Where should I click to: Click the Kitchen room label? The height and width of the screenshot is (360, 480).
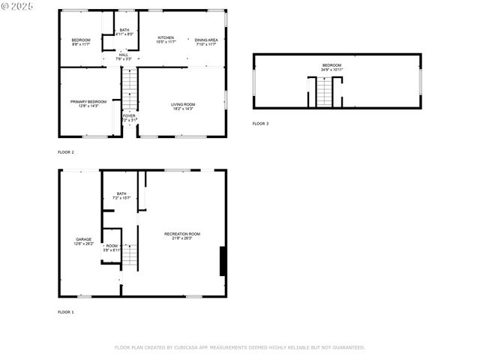pos(166,37)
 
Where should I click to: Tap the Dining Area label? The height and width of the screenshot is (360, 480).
pos(206,39)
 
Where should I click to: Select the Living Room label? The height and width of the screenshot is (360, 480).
pos(183,105)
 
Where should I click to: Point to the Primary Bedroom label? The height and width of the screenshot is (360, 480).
pos(88,101)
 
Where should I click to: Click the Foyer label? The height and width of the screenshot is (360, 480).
pos(129,116)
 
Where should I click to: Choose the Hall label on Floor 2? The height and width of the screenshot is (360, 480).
pos(124,55)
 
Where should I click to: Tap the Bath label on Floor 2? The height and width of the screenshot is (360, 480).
pos(124,30)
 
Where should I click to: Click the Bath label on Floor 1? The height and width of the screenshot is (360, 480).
pos(121,193)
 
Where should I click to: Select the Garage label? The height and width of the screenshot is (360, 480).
pos(83,239)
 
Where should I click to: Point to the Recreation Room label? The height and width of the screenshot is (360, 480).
pos(182,234)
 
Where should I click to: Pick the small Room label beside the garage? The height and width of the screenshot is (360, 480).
pos(112,246)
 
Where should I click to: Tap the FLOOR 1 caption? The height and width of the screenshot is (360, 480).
pos(66,311)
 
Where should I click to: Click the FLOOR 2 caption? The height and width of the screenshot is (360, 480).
pos(66,152)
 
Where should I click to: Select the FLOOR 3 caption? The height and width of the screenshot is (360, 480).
pos(259,123)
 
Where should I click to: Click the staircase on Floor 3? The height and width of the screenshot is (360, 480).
pos(323,91)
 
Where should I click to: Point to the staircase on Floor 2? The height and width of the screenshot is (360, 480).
pos(130,88)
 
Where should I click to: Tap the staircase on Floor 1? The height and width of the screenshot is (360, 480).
pos(130,256)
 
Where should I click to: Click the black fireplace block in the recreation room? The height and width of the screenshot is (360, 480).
pos(222,261)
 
